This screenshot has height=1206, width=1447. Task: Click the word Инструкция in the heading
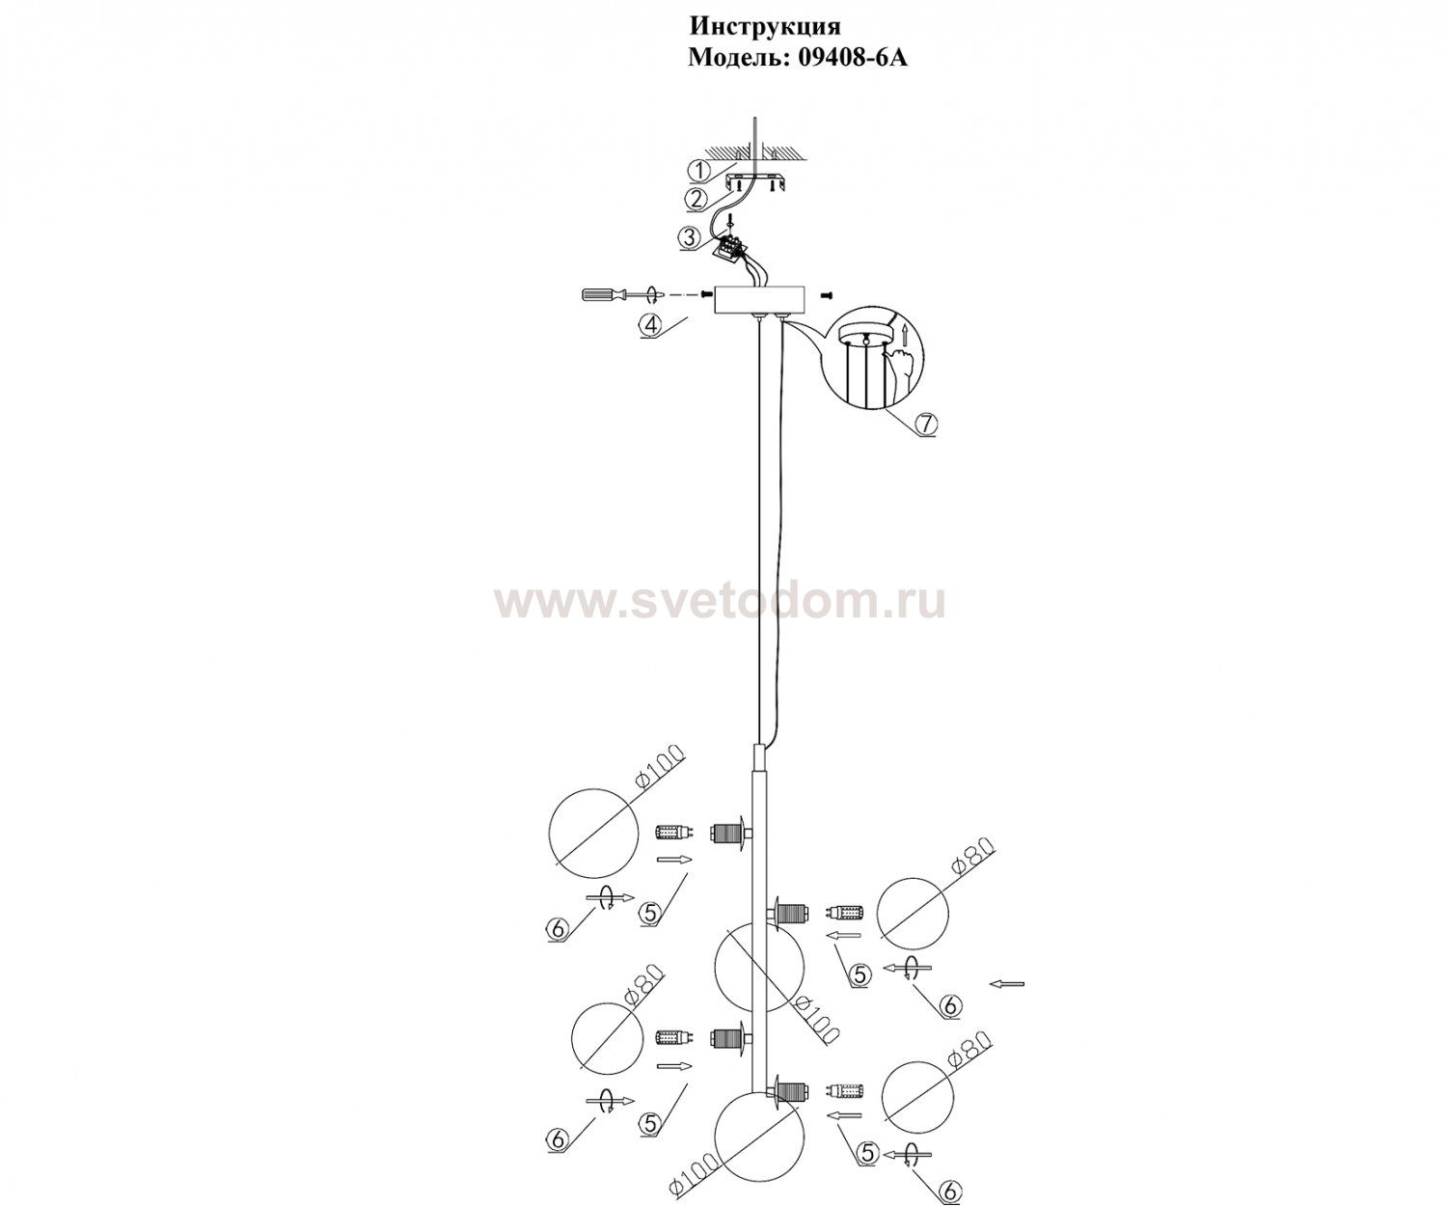coord(765,26)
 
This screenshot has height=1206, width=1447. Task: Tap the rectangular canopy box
coord(760,299)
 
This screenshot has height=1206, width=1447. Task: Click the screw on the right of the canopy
coord(825,295)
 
